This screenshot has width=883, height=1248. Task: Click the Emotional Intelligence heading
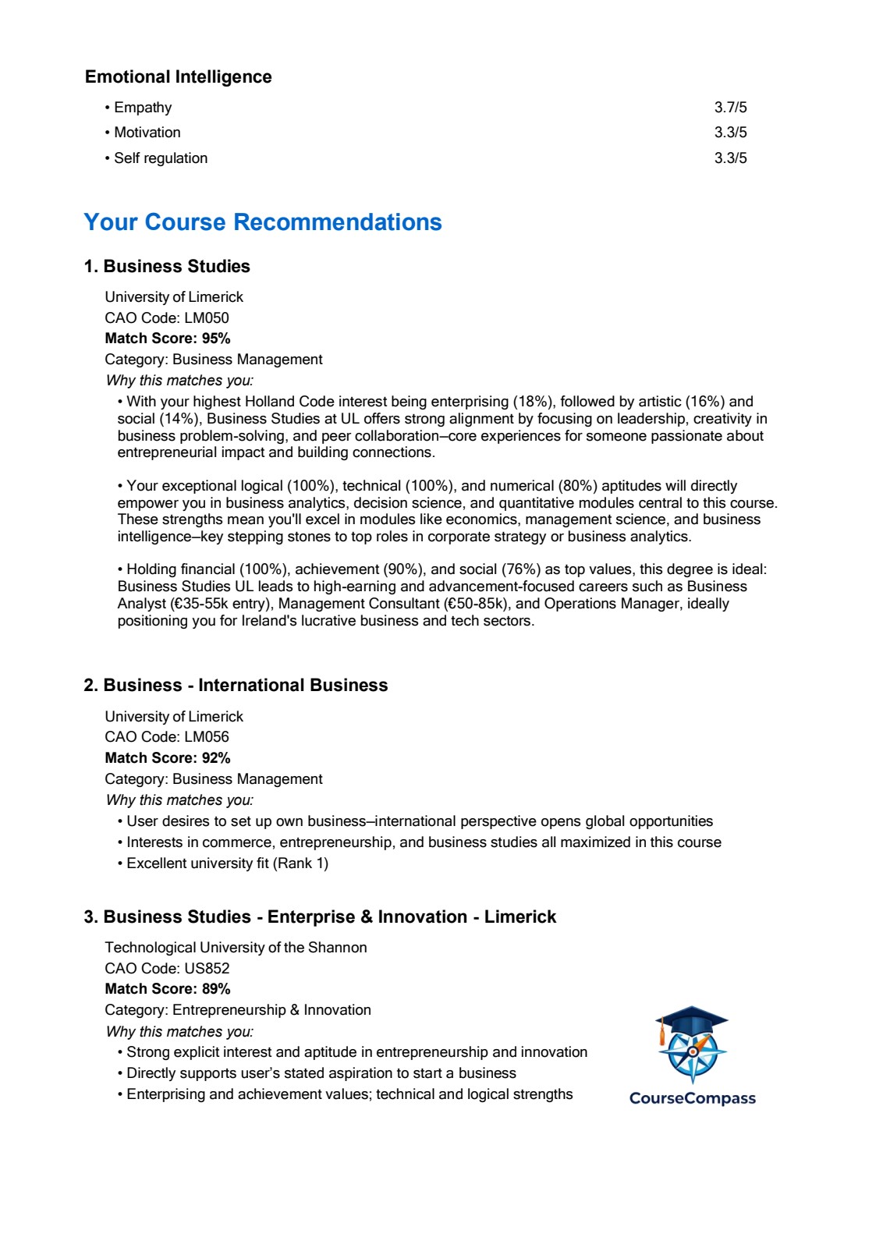coord(179,76)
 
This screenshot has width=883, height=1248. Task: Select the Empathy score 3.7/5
coord(730,108)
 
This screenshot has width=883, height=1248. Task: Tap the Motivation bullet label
coord(147,133)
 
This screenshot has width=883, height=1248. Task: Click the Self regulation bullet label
coord(161,158)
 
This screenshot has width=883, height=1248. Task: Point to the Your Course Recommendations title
coord(263,222)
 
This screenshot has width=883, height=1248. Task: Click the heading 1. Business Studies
coord(167,267)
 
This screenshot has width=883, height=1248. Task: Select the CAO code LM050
coord(167,318)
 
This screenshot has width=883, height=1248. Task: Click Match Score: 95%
coord(168,339)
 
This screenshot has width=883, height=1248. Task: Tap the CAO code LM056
coord(167,737)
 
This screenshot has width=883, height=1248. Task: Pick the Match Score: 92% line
coord(168,758)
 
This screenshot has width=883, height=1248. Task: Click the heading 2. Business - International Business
coord(236,686)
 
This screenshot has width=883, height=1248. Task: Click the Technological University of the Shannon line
coord(236,948)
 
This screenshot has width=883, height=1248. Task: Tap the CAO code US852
coord(167,969)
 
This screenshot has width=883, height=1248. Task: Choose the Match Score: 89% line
coord(168,989)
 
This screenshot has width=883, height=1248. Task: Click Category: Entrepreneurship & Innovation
coord(238,1010)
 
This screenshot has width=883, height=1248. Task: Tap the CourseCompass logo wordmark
coord(693,1098)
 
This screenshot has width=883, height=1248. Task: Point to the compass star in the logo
coord(693,1053)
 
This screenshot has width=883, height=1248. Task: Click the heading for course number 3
coord(320,917)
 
